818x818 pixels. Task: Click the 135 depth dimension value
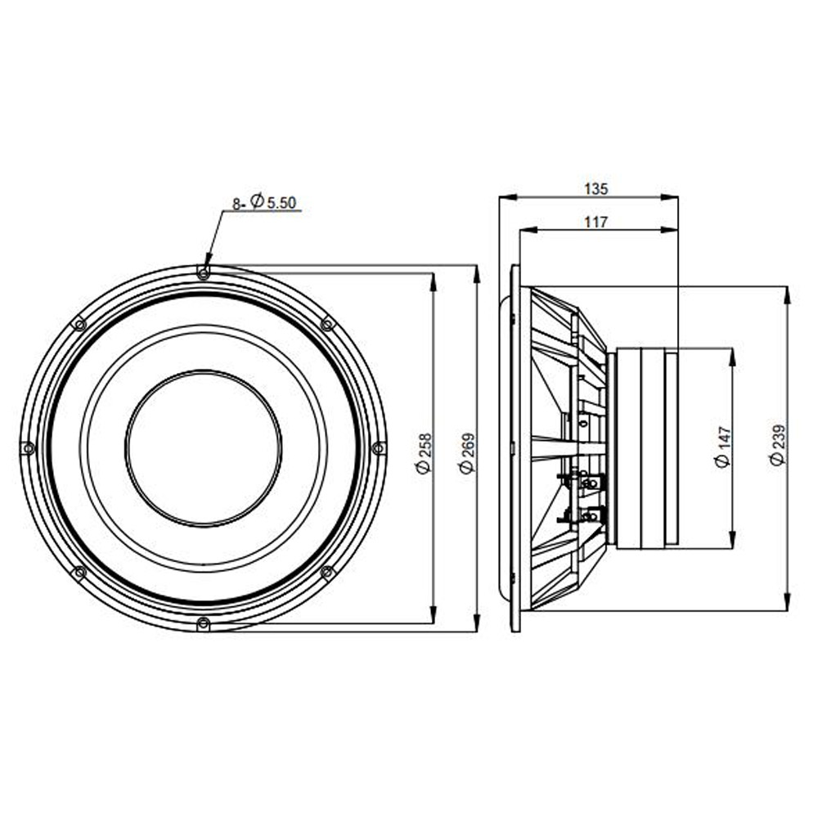(x=596, y=189)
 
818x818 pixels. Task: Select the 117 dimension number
(x=596, y=222)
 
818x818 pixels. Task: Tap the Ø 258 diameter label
(x=424, y=453)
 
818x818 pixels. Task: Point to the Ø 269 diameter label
(x=467, y=453)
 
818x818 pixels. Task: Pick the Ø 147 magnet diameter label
(x=722, y=447)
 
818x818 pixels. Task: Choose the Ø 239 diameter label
(x=777, y=445)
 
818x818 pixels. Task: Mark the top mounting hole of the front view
(x=204, y=272)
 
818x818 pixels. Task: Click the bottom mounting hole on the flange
(x=204, y=622)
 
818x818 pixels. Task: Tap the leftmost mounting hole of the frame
(x=28, y=447)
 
